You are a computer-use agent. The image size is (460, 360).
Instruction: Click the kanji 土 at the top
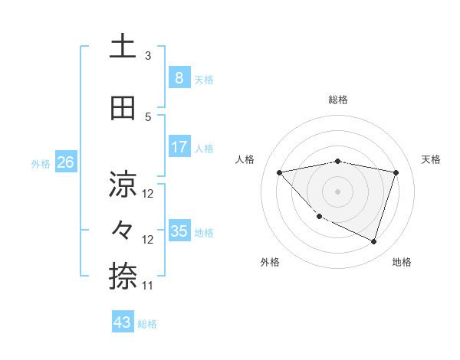(122, 47)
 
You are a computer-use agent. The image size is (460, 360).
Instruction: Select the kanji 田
(123, 110)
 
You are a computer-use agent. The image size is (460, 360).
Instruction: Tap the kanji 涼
(123, 184)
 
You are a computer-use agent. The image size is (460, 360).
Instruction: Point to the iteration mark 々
(123, 231)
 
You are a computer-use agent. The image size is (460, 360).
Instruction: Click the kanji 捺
(123, 276)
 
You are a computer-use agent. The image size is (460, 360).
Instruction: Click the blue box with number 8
(179, 77)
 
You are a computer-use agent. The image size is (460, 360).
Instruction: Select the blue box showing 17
(179, 147)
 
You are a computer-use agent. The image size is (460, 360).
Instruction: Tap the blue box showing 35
(179, 231)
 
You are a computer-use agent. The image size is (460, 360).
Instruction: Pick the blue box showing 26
(65, 162)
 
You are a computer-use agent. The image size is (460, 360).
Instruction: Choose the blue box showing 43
(123, 322)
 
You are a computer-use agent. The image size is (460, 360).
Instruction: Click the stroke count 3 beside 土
(148, 56)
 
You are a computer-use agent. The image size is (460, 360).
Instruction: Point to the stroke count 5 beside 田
(148, 117)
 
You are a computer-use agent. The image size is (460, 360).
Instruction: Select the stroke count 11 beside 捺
(148, 286)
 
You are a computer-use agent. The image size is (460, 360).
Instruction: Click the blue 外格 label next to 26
(41, 163)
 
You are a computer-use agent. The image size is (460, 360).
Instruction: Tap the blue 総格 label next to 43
(147, 323)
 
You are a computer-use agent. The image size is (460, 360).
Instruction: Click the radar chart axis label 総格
(337, 100)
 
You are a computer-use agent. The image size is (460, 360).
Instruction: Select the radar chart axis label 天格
(431, 159)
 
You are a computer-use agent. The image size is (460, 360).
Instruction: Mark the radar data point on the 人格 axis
(279, 172)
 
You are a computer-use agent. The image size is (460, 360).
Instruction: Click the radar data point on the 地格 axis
(373, 241)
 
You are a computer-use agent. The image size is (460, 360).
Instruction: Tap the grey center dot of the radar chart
(337, 191)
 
